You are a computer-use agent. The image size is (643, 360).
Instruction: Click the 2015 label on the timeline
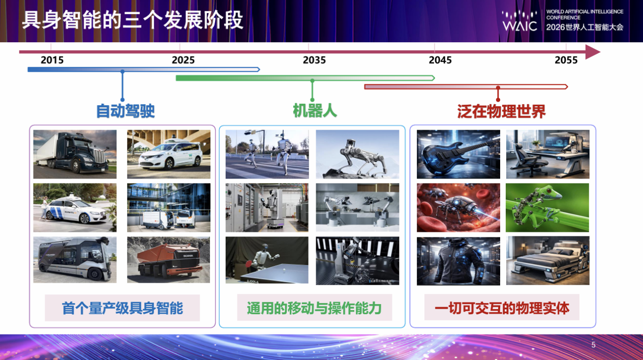click(x=52, y=60)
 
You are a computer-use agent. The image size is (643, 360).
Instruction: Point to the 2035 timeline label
click(x=314, y=60)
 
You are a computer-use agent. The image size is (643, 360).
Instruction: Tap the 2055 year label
click(x=566, y=60)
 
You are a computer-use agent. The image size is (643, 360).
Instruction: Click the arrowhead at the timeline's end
click(x=592, y=52)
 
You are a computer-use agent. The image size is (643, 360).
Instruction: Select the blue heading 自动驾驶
click(x=126, y=111)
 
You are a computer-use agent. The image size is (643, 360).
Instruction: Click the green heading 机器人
click(x=315, y=110)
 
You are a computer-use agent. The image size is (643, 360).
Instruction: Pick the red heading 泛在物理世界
click(x=501, y=111)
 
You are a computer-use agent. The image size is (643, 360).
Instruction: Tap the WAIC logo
click(x=520, y=21)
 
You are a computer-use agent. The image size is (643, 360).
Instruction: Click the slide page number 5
click(x=593, y=345)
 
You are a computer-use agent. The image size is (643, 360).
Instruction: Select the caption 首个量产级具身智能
click(x=123, y=308)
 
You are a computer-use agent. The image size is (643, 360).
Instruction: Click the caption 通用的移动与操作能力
click(x=314, y=308)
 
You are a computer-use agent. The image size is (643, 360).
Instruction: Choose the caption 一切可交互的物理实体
click(x=502, y=308)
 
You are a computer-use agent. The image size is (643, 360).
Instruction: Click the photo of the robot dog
click(x=357, y=154)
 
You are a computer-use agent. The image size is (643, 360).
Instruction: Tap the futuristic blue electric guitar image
click(x=458, y=154)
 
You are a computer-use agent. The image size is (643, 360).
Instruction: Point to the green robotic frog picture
click(x=547, y=207)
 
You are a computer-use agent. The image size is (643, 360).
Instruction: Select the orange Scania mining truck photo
click(x=168, y=260)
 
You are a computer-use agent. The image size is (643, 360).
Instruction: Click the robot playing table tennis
click(x=267, y=260)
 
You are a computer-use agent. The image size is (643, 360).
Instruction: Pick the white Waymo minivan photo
click(x=169, y=154)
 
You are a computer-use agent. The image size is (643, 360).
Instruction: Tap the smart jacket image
click(x=458, y=261)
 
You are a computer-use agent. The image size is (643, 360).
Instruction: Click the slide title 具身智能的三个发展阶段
click(x=133, y=20)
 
